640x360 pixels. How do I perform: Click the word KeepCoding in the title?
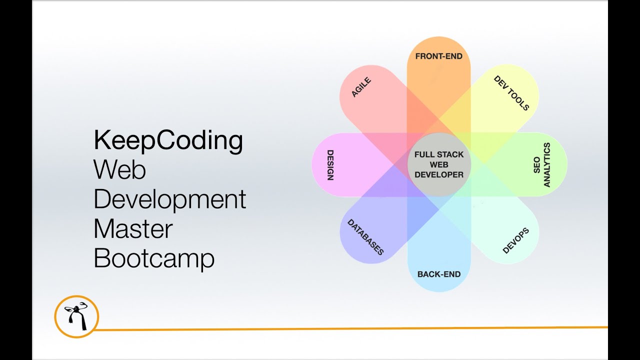pyautogui.click(x=168, y=140)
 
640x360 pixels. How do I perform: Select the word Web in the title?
pyautogui.click(x=120, y=170)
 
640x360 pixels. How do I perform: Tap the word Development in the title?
pyautogui.click(x=170, y=200)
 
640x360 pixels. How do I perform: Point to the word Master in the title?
pyautogui.click(x=133, y=229)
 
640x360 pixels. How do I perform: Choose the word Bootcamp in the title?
pyautogui.click(x=154, y=258)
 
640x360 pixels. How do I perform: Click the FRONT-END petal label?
pyautogui.click(x=438, y=56)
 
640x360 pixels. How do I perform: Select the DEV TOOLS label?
pyautogui.click(x=511, y=93)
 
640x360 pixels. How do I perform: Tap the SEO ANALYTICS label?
pyautogui.click(x=541, y=165)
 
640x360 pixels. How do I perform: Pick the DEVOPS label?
pyautogui.click(x=515, y=240)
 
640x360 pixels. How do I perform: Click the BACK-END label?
pyautogui.click(x=438, y=274)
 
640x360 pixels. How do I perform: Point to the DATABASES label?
pyautogui.click(x=365, y=237)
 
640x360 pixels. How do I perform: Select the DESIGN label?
pyautogui.click(x=330, y=165)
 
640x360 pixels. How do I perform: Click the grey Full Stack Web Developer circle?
pyautogui.click(x=438, y=164)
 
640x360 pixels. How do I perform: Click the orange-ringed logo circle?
pyautogui.click(x=76, y=316)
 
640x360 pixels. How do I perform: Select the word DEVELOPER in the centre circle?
pyautogui.click(x=438, y=174)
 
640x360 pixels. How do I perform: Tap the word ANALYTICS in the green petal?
pyautogui.click(x=546, y=165)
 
